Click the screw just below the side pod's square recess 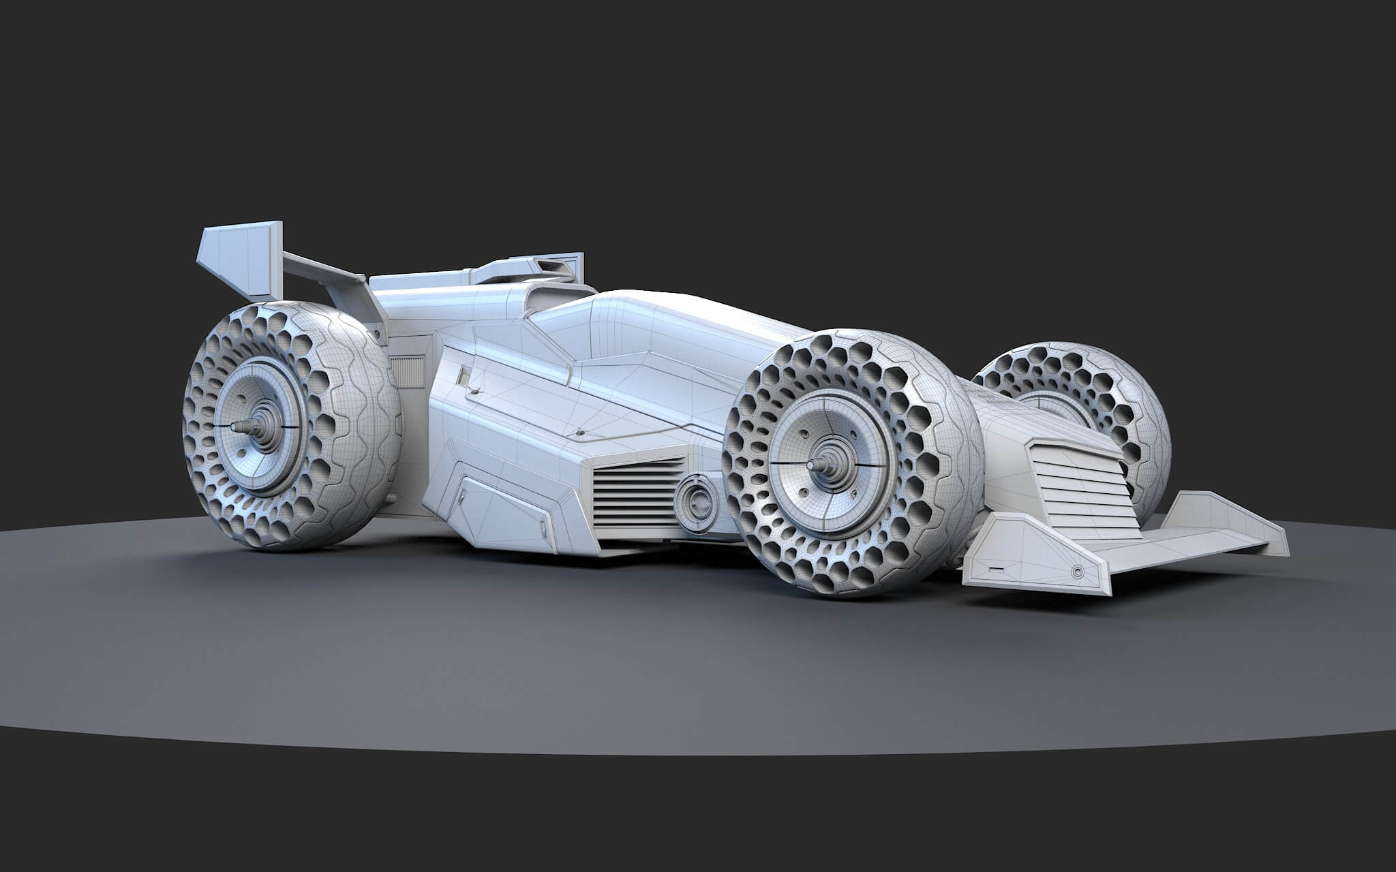(x=472, y=392)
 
